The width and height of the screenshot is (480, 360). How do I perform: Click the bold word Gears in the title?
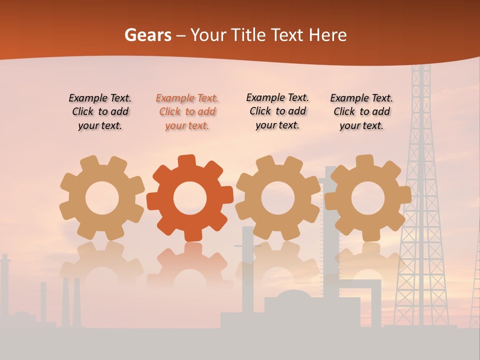pos(147,35)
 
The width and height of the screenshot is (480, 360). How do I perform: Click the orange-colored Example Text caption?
pos(187,112)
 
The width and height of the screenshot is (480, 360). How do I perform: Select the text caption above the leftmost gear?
pos(100,112)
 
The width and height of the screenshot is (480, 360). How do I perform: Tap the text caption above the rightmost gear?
pos(361,112)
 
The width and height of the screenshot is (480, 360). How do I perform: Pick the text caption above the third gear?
pos(277,111)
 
